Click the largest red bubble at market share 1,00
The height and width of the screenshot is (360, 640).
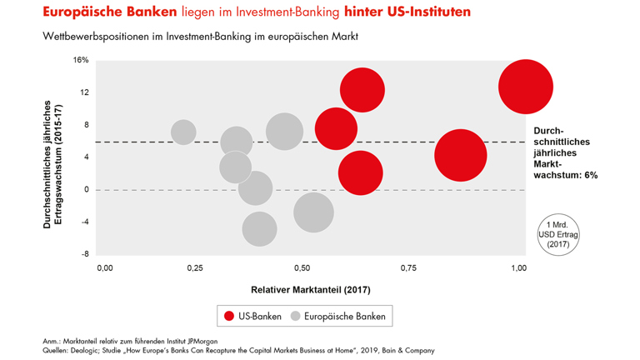[x=526, y=87]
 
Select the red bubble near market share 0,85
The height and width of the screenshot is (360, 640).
[x=460, y=155]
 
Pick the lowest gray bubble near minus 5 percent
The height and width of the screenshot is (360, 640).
[x=260, y=229]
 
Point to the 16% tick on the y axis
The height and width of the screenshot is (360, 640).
[x=81, y=60]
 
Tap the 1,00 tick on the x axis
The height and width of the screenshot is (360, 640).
[x=517, y=268]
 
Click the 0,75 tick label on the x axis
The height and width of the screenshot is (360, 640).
[x=408, y=268]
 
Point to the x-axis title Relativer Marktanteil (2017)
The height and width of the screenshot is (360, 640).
[x=310, y=289]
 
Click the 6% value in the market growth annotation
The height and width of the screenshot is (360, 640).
[x=590, y=176]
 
